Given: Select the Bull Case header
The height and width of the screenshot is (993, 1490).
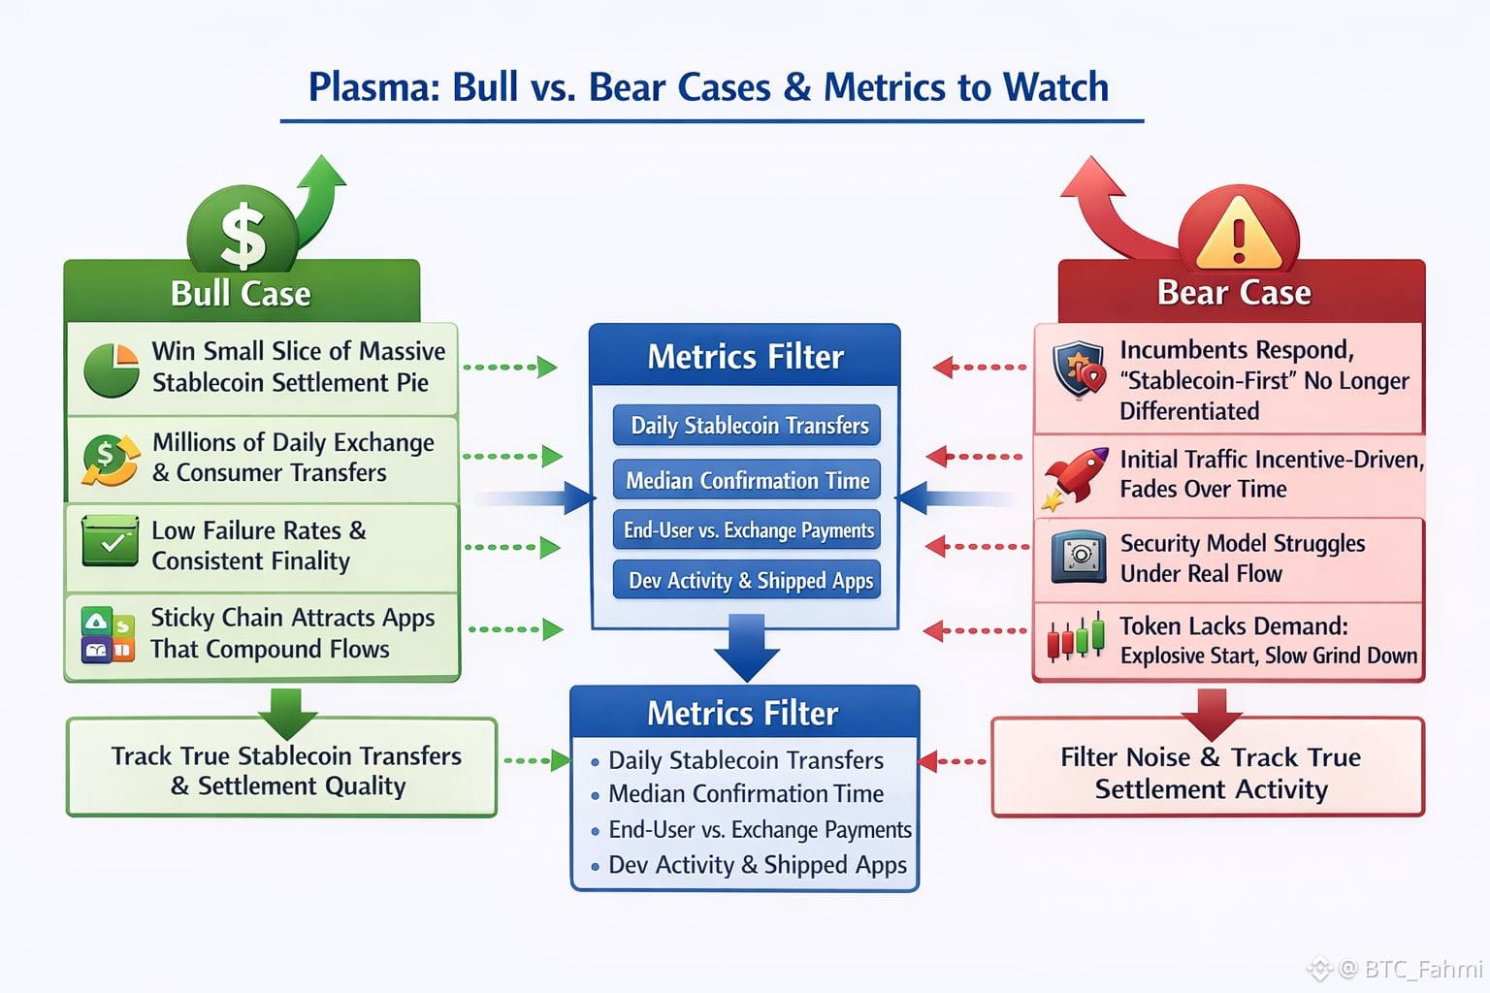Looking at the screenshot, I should [242, 293].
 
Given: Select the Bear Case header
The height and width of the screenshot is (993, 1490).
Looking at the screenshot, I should [1234, 292].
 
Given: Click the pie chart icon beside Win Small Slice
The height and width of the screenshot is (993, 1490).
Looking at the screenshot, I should [111, 369].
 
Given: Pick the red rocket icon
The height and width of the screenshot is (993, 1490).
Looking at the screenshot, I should [1076, 476].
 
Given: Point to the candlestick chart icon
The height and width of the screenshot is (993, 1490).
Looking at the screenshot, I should [1077, 637].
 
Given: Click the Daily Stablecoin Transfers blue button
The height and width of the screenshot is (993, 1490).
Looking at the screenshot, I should [748, 426].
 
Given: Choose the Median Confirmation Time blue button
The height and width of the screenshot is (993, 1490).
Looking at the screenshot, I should [747, 480].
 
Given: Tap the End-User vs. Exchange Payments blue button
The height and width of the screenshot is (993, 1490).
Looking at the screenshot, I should [748, 530].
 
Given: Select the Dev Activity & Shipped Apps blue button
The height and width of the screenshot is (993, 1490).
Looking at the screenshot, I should [748, 581].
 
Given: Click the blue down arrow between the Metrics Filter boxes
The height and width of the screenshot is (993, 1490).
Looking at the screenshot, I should [747, 648].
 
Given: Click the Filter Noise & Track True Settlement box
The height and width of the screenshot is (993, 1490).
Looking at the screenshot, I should [1209, 771].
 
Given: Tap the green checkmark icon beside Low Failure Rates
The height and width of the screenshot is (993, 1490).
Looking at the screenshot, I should [111, 540].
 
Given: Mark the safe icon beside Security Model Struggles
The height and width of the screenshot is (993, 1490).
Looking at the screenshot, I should [1079, 557].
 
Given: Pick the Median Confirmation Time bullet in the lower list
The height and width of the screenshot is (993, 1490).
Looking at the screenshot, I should [745, 794].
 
